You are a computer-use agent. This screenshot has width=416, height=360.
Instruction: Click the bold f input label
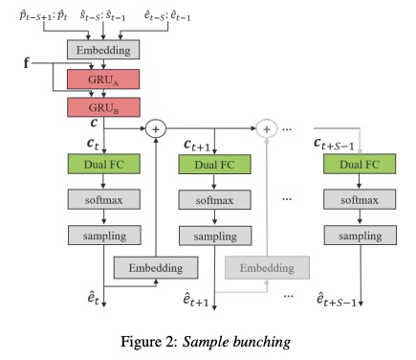click(27, 64)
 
